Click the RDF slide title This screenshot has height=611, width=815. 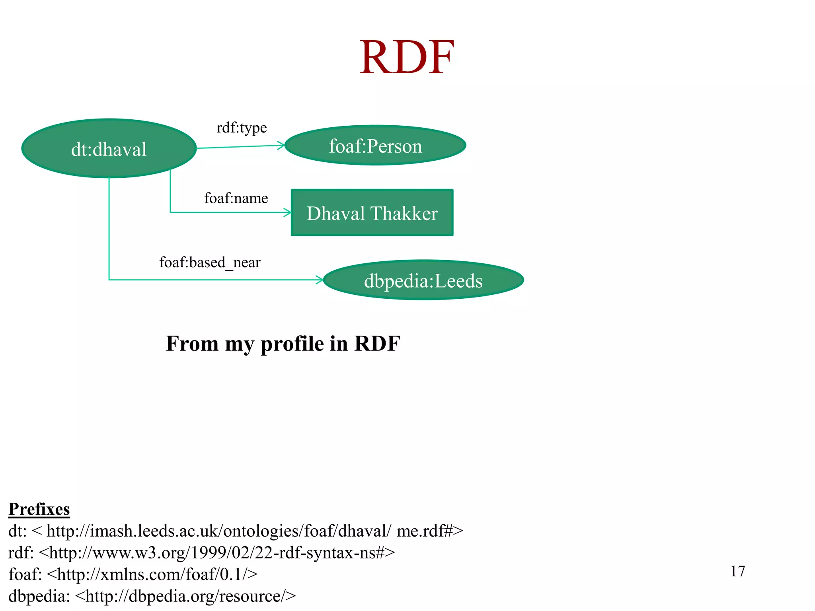coord(407,58)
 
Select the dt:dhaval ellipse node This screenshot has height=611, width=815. coord(109,148)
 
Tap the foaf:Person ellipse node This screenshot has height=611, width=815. coord(375,146)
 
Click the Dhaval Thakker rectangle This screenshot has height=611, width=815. coord(372,213)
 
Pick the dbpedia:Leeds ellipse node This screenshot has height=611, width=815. coord(423,280)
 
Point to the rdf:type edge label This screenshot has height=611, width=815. coord(242,128)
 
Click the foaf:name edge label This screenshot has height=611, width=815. coord(236,198)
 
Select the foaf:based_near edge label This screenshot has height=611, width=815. coord(210,263)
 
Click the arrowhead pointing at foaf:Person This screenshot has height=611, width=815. coord(281,145)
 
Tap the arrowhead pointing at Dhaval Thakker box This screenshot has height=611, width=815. coord(288,212)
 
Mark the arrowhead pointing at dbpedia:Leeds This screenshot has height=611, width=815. coord(320,280)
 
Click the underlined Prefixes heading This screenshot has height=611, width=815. coord(39,509)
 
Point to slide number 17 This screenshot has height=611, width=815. coord(737,571)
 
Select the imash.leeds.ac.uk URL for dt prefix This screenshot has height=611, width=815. coord(255,531)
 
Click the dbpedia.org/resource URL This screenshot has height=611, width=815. coord(185,596)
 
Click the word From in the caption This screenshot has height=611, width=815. coord(192,344)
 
